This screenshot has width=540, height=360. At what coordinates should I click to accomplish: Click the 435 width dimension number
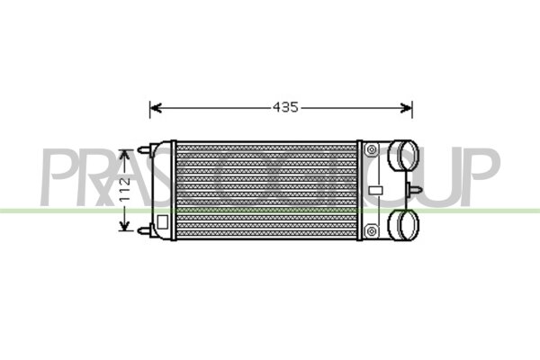pyautogui.click(x=284, y=108)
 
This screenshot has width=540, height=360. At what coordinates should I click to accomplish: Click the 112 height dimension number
pyautogui.click(x=127, y=190)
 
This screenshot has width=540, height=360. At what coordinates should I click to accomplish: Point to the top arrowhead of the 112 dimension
pyautogui.click(x=126, y=154)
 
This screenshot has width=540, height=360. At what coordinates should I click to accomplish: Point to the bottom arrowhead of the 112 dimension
pyautogui.click(x=126, y=226)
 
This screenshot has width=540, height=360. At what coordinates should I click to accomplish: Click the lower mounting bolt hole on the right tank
pyautogui.click(x=371, y=232)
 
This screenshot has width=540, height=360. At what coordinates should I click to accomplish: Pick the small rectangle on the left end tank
pyautogui.click(x=163, y=220)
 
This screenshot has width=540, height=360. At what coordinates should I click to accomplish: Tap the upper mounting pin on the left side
pyautogui.click(x=144, y=150)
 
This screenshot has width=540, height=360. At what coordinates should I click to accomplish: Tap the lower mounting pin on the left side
pyautogui.click(x=144, y=230)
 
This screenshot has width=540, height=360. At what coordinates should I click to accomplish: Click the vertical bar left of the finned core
pyautogui.click(x=174, y=190)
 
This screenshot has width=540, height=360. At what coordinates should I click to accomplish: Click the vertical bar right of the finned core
pyautogui.click(x=360, y=190)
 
